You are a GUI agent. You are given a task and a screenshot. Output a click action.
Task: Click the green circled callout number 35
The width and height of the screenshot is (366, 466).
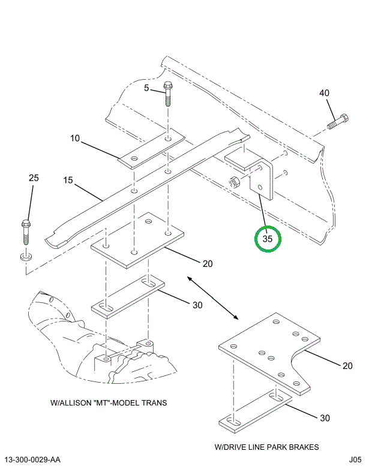(267, 239)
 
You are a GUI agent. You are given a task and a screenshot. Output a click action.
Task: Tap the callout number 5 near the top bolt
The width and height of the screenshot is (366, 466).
(146, 88)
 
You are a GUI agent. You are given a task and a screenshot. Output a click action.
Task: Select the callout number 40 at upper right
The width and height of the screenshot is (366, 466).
(324, 93)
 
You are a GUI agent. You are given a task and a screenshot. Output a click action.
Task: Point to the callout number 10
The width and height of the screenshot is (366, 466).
(75, 139)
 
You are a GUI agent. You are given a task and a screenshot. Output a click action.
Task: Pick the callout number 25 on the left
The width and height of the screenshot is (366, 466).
(34, 178)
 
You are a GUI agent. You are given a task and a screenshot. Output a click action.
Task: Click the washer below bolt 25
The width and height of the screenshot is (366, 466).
(25, 257)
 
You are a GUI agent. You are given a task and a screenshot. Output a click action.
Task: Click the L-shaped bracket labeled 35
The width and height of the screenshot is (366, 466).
(261, 178)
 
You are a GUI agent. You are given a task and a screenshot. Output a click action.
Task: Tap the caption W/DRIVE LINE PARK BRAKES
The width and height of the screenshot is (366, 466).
(266, 447)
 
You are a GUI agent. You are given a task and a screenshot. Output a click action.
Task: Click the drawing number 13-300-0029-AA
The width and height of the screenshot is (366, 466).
(31, 460)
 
